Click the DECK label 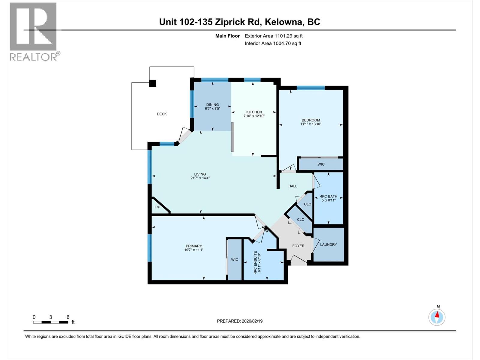pos(162,114)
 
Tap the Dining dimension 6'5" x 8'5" pos(212,109)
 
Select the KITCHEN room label pos(254,112)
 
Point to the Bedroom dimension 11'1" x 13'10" pos(311,124)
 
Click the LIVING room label pos(200,174)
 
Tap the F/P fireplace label pos(157,207)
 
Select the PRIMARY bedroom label pos(193,246)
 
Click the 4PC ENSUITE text pos(255,262)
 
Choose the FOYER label pos(298,246)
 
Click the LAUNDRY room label pos(328,244)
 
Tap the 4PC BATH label pos(328,196)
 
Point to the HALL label pos(292,186)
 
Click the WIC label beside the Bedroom pos(321,164)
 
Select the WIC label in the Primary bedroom pos(234,260)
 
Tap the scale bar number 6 pos(68,317)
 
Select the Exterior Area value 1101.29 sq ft pos(288,36)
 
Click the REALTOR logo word pos(34,57)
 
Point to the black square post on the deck pos(153,83)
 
